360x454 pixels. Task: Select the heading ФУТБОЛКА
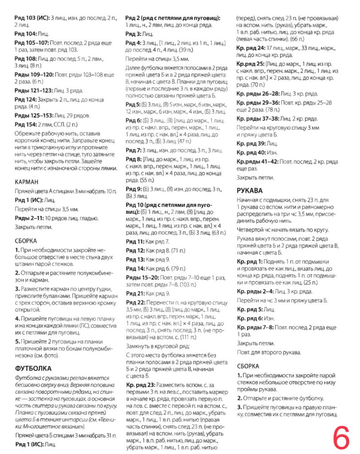point(33,368)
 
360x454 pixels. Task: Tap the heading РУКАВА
point(250,191)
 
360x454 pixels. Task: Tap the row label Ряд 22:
point(135,302)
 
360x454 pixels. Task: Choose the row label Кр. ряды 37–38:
point(255,119)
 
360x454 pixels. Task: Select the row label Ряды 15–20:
point(141,278)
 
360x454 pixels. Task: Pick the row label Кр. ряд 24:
point(250,47)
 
